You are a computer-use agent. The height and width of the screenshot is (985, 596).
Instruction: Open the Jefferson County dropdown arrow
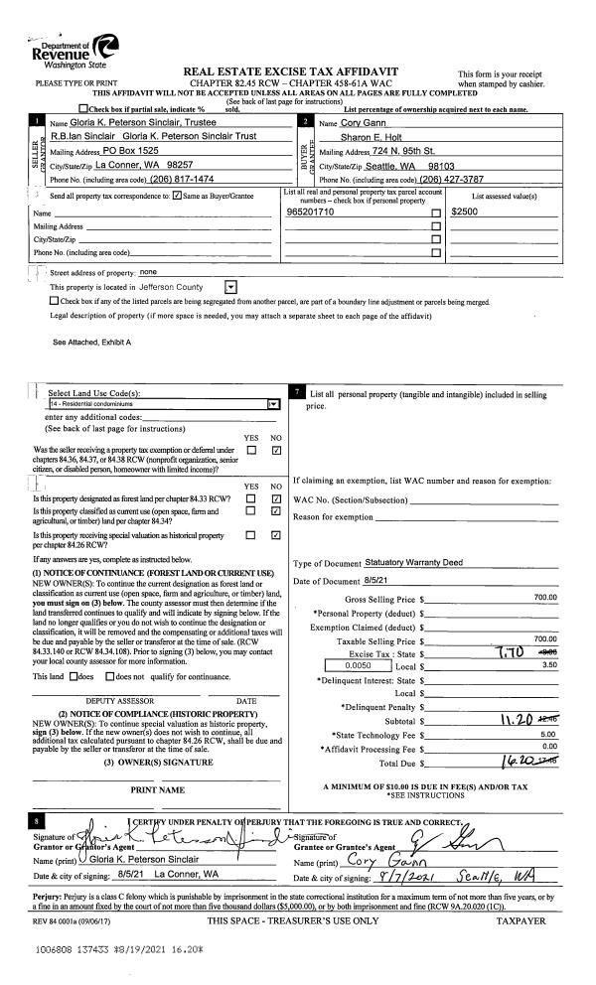(x=229, y=286)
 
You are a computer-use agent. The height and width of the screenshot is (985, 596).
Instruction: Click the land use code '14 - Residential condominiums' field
(x=159, y=404)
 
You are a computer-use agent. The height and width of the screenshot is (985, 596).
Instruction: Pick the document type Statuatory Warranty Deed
(x=407, y=562)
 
